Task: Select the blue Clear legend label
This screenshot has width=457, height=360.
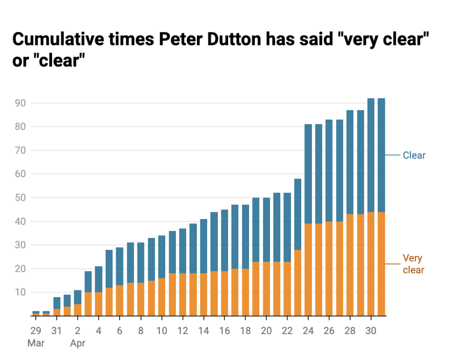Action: [414, 156]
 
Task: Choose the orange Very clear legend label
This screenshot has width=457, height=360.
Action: [413, 264]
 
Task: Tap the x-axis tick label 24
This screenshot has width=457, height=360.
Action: [308, 331]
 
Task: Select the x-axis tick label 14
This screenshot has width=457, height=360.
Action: [204, 331]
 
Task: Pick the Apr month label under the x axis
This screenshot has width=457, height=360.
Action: [78, 343]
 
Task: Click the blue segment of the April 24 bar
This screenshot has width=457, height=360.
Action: [308, 174]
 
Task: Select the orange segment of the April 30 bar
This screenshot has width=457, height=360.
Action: [371, 263]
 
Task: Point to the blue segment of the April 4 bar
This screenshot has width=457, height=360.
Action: [99, 279]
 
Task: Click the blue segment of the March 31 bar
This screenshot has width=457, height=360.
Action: [57, 303]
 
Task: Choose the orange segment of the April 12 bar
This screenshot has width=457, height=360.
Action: [183, 294]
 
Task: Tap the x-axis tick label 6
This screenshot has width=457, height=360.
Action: [120, 331]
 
